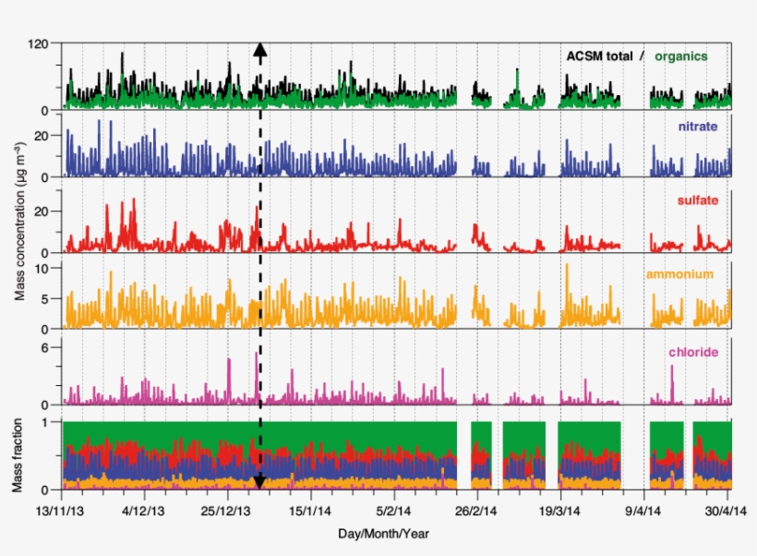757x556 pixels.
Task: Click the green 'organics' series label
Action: tap(681, 56)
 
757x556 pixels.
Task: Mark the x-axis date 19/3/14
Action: tap(559, 510)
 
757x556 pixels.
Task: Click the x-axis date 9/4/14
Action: tap(643, 510)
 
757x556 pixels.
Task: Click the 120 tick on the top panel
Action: tap(39, 43)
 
